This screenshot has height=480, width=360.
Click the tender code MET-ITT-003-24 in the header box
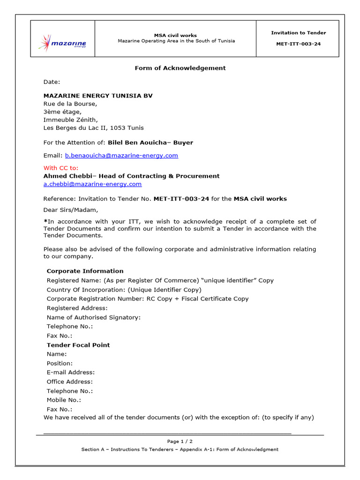298,45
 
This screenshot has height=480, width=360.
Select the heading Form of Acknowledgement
180,68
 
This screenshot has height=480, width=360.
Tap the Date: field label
52,82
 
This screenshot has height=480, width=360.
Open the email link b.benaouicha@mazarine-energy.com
121,156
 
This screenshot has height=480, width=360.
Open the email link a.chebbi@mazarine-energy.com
92,184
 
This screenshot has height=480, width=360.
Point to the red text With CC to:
61,168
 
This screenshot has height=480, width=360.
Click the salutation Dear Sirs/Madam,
71,210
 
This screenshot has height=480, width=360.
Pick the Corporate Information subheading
85,271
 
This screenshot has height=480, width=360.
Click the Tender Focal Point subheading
78,345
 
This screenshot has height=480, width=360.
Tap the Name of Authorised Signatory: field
93,317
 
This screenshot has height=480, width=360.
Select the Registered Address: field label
77,308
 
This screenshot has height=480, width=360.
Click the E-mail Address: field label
70,373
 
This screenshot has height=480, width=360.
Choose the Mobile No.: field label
64,400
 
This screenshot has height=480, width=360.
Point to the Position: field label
60,363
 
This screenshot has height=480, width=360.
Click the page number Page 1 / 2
180,442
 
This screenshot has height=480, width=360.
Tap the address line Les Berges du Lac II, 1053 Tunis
93,128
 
